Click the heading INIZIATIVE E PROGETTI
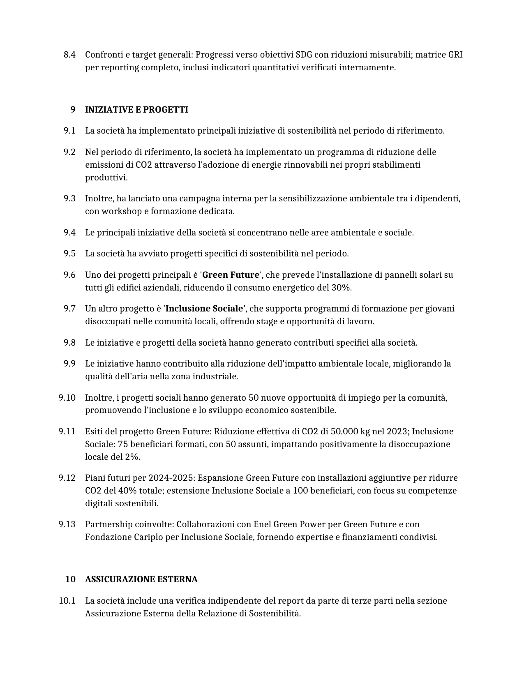pos(136,110)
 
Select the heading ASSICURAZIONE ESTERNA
pos(141,579)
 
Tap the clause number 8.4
pos(69,55)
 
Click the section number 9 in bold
pos(73,110)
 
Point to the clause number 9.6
pos(69,275)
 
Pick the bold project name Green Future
pos(231,275)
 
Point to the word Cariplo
pos(149,537)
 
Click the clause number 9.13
pos(67,524)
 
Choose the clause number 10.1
pos(67,601)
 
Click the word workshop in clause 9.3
pos(120,211)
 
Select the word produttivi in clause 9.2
pos(106,178)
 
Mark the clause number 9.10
pos(67,398)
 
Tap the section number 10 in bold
pos(70,579)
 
